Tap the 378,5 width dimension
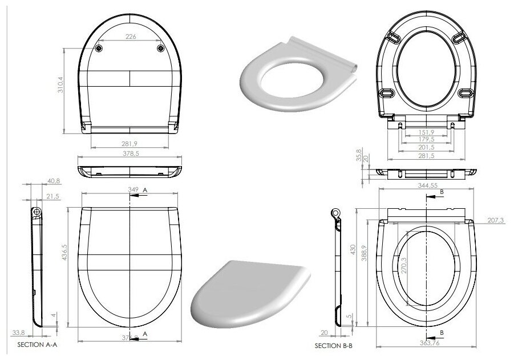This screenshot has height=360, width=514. coord(129,153)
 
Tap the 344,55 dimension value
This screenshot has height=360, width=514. coord(427,186)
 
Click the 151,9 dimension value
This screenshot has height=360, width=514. coord(427,132)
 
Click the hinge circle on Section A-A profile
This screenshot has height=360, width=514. coord(38,212)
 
